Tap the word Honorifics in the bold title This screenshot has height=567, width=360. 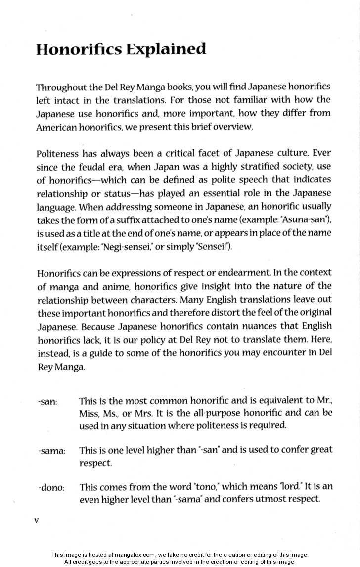click(x=78, y=49)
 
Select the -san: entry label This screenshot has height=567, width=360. click(x=47, y=402)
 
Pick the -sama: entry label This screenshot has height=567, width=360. click(x=51, y=451)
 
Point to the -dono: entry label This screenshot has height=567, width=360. click(x=51, y=488)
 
